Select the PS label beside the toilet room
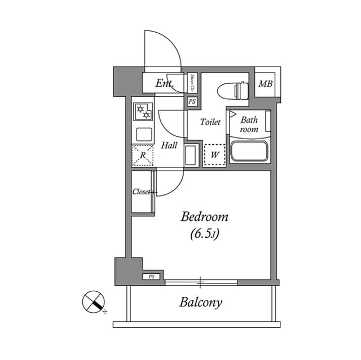tap(192, 102)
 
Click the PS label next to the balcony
tap(151, 277)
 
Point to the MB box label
tap(265, 85)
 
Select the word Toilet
tap(210, 121)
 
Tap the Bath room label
tap(249, 125)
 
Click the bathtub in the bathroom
tap(249, 151)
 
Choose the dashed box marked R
tap(143, 155)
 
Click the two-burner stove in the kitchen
tap(143, 111)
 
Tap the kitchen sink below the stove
tap(143, 135)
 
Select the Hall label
tap(169, 145)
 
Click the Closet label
tap(142, 192)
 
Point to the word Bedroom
tap(204, 217)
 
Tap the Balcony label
tap(201, 303)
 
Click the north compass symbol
tap(93, 303)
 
